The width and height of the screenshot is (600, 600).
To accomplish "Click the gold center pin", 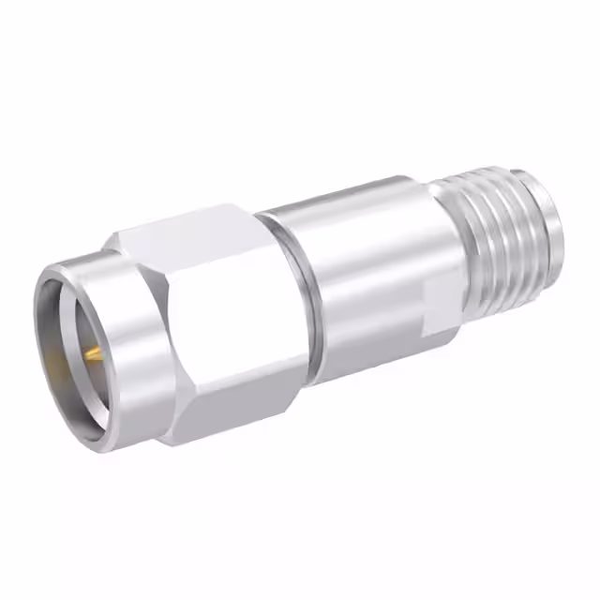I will (x=93, y=354).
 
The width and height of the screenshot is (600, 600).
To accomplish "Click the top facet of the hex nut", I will (x=187, y=230).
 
